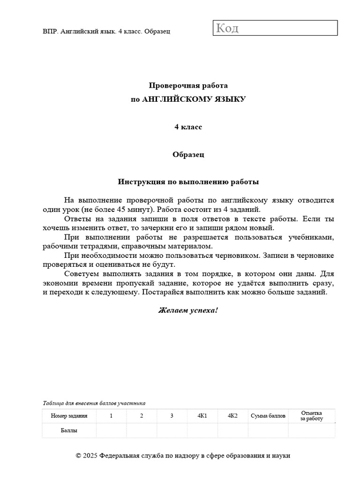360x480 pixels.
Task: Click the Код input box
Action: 275,28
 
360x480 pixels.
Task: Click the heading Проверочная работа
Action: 188,86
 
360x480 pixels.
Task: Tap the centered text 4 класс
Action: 188,127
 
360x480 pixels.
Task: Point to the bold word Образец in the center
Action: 188,154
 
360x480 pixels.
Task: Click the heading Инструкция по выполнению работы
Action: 188,181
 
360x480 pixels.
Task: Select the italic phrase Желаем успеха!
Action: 188,310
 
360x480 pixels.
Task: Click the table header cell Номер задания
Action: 69,416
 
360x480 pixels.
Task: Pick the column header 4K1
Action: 202,416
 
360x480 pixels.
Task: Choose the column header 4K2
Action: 232,416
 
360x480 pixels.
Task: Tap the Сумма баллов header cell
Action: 268,416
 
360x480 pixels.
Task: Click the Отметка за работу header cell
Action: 312,416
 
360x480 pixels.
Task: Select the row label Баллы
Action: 69,430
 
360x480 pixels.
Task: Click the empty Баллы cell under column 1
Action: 111,430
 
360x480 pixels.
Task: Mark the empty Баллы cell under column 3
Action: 172,430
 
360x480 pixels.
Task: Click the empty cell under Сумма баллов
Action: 268,430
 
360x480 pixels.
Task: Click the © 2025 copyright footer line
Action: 183,456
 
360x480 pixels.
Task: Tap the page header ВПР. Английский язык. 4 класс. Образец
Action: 106,31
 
